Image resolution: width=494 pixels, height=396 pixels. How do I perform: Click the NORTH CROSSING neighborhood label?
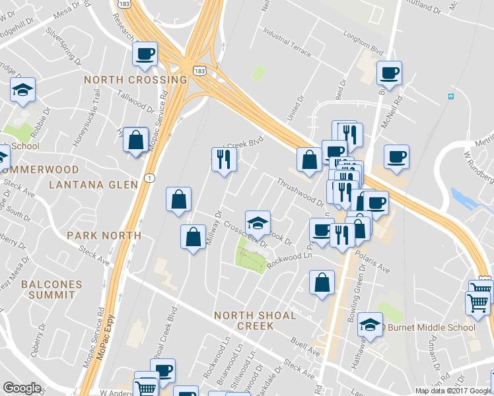click(135, 80)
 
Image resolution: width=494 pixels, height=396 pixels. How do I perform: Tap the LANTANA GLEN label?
click(93, 184)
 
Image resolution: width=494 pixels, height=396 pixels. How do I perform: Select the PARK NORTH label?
click(104, 235)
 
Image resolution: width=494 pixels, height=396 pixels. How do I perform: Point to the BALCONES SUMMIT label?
click(52, 290)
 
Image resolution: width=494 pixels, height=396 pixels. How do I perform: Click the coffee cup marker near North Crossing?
click(144, 55)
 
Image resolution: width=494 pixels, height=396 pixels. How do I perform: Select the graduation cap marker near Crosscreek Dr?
click(258, 222)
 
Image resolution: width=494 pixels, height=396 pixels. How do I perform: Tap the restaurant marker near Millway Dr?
click(224, 159)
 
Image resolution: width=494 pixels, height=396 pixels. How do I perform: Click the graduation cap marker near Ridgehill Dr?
click(23, 90)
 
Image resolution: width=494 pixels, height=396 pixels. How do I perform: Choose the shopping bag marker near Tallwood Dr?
click(135, 140)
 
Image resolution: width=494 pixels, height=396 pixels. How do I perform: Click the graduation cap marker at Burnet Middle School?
click(370, 325)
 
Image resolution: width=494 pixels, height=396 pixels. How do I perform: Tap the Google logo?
click(22, 388)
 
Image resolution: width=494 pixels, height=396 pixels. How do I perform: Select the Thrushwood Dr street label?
click(300, 192)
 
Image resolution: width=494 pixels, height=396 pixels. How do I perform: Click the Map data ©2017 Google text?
click(452, 391)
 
